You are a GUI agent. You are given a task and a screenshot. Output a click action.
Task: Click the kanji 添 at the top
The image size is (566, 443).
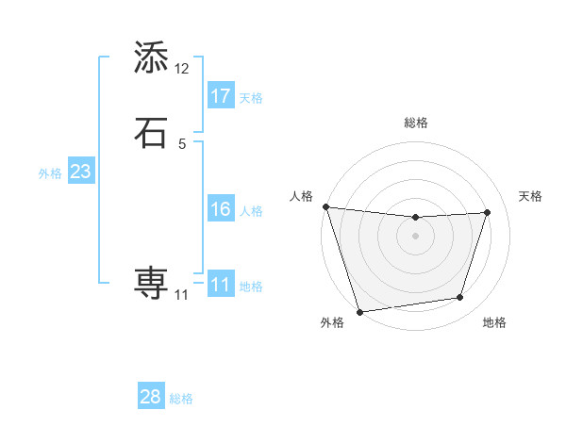tap(151, 57)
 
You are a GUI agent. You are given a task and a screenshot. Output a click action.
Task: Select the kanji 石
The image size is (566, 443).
tap(151, 132)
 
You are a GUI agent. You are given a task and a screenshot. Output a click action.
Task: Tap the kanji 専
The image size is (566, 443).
tap(151, 282)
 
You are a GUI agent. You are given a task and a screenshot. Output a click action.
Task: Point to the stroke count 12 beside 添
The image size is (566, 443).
tap(182, 69)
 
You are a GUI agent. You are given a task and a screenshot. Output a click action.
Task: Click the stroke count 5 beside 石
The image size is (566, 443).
tap(182, 143)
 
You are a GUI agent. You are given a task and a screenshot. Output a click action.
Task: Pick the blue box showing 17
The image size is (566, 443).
tap(221, 95)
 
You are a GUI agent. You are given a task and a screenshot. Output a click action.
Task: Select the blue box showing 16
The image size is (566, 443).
tap(221, 209)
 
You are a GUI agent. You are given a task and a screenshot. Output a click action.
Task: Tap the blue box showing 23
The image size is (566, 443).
tap(80, 172)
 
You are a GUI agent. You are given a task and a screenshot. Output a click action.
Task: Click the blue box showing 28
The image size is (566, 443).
tap(151, 397)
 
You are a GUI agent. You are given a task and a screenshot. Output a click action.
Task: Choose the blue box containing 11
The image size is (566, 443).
tap(221, 284)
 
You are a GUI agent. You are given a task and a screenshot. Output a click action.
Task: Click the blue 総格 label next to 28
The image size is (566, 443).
tap(181, 399)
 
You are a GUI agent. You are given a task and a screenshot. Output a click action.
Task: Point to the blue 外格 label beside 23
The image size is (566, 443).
tap(50, 173)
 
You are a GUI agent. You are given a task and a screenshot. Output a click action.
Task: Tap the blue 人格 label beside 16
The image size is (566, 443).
tap(252, 211)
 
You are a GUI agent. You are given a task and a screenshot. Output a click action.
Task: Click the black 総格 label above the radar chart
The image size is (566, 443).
tap(415, 123)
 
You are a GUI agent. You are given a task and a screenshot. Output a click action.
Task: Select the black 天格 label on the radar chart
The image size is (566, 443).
tap(530, 196)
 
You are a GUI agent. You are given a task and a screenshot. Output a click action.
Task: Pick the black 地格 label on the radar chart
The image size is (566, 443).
tap(494, 322)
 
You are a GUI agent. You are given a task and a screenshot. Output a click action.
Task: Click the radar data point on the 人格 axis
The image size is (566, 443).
tap(325, 206)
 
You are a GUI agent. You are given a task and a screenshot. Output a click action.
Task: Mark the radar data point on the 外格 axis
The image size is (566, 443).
tap(359, 311)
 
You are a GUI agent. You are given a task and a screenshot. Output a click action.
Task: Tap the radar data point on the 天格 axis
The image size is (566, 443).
tap(487, 212)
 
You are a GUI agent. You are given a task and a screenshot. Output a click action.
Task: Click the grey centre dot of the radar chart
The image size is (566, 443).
tap(415, 236)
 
